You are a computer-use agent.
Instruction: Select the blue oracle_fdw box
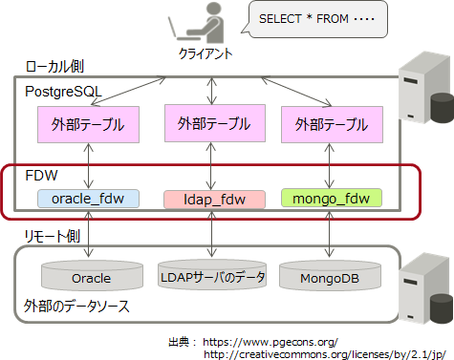88,199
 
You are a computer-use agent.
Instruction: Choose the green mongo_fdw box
331,199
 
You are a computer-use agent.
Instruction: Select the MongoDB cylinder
330,277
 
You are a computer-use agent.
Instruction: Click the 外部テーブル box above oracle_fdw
88,124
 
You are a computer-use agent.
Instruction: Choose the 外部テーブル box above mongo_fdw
331,124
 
